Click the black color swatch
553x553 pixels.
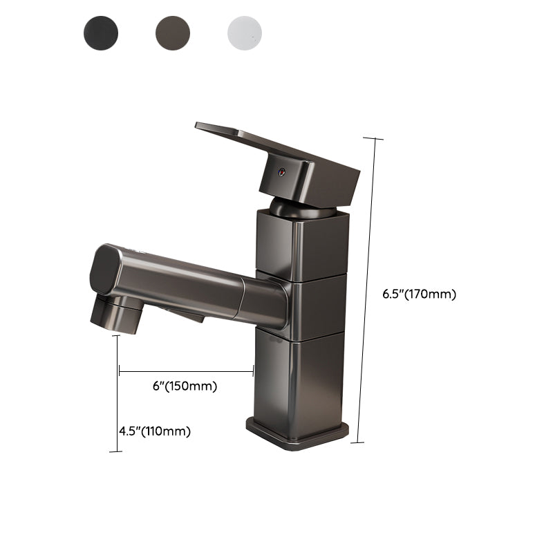tap(101, 32)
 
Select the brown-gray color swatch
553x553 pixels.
tap(173, 32)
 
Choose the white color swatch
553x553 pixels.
tap(245, 32)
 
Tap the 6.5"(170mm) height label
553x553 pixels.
tap(420, 294)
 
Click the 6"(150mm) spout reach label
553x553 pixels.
tap(185, 386)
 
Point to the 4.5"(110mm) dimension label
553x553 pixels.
tap(154, 431)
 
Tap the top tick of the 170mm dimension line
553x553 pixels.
tap(373, 139)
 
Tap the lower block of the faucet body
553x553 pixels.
tap(299, 377)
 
